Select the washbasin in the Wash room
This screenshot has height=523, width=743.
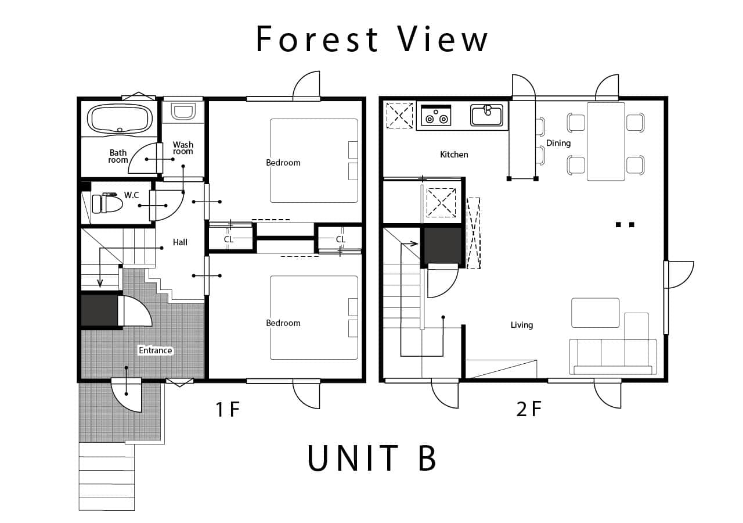coord(183,112)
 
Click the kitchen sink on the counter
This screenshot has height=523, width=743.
coord(486,115)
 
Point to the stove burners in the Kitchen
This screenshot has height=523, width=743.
coord(436,115)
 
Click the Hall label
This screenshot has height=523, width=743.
coord(180,242)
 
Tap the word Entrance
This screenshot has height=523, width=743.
coord(155,350)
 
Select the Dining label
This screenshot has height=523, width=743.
coord(558,143)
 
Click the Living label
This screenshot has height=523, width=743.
coord(522,325)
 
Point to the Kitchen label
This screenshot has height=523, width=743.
coord(454,155)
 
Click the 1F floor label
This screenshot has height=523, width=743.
coord(227,409)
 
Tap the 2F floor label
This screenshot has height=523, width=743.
coord(529,409)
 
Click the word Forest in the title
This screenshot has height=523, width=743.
coord(317,39)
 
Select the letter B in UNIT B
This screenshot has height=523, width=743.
coord(427,458)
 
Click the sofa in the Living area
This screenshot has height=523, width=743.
coord(613,357)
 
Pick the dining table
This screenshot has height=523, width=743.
coord(605,141)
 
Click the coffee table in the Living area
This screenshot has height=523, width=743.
coord(595,313)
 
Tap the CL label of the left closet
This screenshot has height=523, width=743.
coord(229,239)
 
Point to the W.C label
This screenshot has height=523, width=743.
coord(131,195)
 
